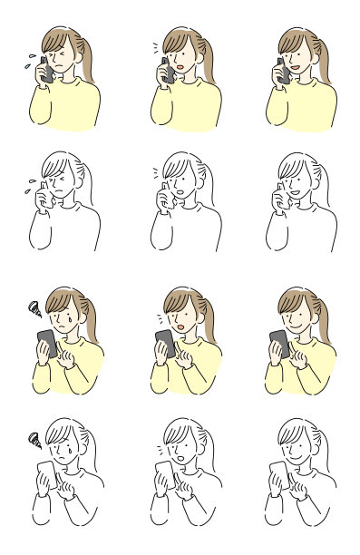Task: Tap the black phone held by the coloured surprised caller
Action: [166, 70]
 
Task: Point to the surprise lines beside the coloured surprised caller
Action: [154, 44]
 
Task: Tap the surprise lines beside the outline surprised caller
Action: [154, 170]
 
